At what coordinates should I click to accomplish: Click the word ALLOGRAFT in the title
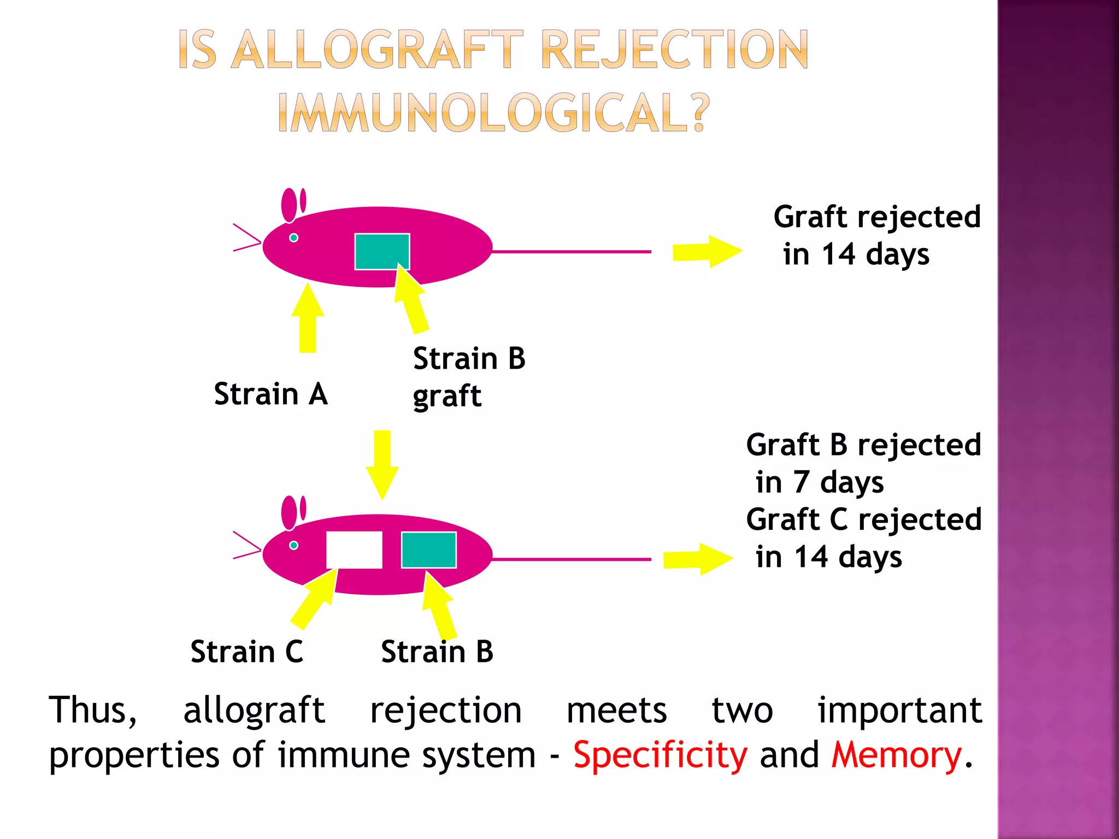[377, 50]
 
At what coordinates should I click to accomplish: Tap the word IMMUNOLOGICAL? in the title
[493, 114]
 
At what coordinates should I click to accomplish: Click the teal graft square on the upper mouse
[382, 251]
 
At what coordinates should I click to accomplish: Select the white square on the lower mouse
[354, 550]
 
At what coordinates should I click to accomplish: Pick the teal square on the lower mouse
[429, 550]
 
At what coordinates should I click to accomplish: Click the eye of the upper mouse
[293, 238]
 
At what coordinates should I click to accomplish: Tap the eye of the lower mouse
[293, 545]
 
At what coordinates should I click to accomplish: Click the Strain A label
[270, 394]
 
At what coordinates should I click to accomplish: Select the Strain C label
[246, 652]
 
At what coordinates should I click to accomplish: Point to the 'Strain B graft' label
[468, 377]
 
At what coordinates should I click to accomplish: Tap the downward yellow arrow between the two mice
[382, 464]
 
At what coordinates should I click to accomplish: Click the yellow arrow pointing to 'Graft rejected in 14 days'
[706, 252]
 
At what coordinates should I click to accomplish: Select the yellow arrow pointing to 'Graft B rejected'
[698, 559]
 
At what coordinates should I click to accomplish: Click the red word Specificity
[660, 755]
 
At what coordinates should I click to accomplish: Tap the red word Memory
[896, 755]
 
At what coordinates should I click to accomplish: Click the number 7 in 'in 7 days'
[801, 482]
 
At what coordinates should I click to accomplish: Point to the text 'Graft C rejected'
[863, 519]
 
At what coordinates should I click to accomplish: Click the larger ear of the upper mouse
[289, 205]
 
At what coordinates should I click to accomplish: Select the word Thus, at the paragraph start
[93, 710]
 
